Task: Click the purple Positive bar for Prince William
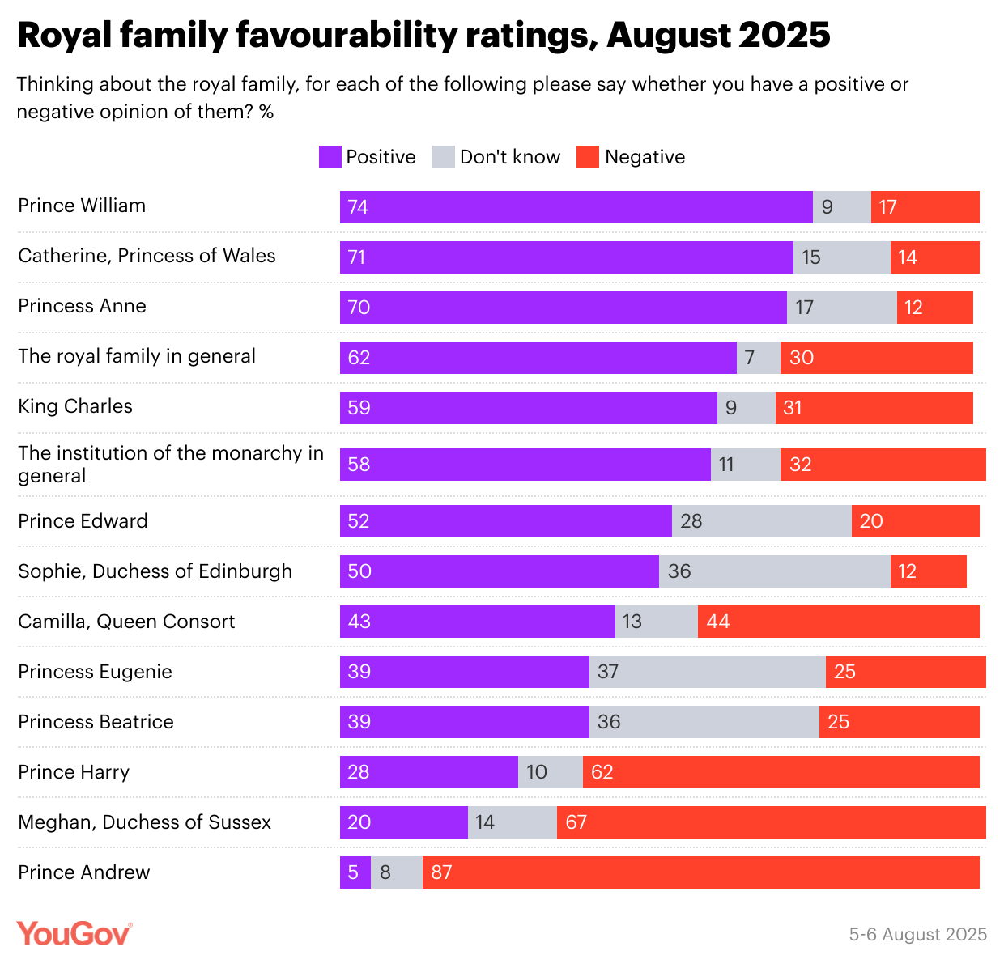(576, 207)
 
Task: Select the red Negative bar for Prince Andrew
(700, 872)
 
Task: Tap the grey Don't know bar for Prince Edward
(761, 521)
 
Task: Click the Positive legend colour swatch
(330, 157)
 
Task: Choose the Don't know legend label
(509, 157)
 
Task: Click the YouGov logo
(74, 933)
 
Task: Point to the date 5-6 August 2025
(917, 934)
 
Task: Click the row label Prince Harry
(74, 772)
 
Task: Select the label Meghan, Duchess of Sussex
(144, 822)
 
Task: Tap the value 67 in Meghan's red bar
(576, 822)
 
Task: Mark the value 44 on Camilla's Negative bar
(717, 622)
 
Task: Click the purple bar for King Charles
(528, 408)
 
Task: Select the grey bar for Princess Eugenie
(707, 672)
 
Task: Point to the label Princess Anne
(82, 306)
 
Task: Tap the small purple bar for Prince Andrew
(355, 872)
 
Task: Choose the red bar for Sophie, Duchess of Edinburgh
(928, 571)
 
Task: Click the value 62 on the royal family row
(359, 358)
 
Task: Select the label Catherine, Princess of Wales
(147, 256)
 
